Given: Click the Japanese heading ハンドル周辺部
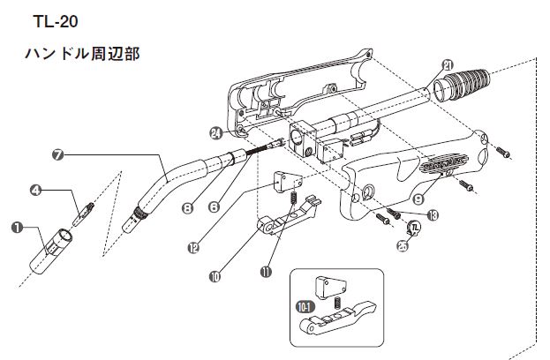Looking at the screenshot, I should tap(84, 53).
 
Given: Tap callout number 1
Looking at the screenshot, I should tap(17, 227).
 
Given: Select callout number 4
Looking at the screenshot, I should tap(37, 189).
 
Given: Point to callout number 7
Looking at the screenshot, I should tap(58, 154).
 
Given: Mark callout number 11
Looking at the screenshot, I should tap(265, 272).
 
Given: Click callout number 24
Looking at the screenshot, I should tap(215, 133).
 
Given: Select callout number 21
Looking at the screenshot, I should tap(448, 64).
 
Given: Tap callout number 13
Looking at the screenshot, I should tap(432, 214).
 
